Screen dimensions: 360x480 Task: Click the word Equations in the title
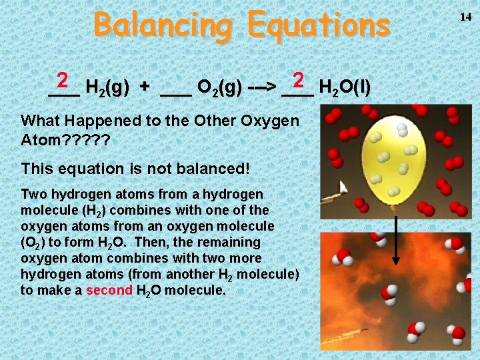point(318,25)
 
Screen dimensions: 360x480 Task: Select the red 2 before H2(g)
point(63,81)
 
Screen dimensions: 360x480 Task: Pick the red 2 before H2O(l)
point(298,81)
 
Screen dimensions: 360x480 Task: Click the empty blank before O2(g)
point(176,90)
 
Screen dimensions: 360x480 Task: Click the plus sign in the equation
point(145,87)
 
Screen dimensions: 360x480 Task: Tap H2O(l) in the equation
point(345,87)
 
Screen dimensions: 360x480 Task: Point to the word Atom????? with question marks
point(65,141)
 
